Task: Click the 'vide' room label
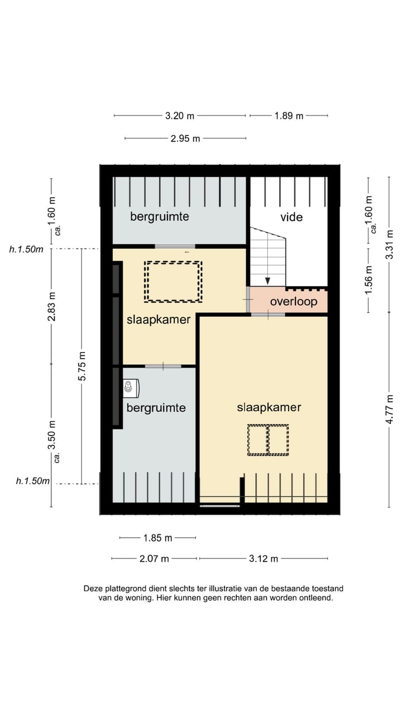[291, 218]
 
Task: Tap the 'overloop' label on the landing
[294, 302]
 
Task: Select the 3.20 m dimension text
[180, 115]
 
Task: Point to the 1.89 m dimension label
[289, 115]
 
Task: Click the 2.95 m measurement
[185, 139]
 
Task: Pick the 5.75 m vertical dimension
[82, 366]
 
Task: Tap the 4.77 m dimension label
[390, 409]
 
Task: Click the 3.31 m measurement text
[390, 244]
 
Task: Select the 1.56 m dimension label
[368, 281]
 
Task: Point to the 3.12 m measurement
[264, 558]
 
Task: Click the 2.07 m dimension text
[154, 558]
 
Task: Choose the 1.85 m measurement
[157, 538]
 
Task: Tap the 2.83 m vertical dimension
[52, 307]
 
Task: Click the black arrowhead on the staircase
[268, 281]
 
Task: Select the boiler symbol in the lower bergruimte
[131, 388]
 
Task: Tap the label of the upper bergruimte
[160, 216]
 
